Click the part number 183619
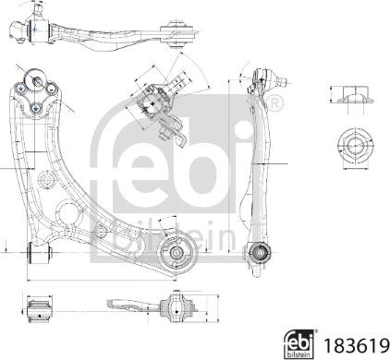(x=356, y=345)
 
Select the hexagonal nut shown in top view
(x=356, y=145)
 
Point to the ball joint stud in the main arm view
(x=36, y=81)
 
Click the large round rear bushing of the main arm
(x=177, y=253)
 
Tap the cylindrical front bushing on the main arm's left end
(x=40, y=253)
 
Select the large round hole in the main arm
(x=67, y=211)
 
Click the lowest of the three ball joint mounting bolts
(x=36, y=108)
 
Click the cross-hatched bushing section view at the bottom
(x=177, y=308)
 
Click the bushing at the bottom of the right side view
(x=258, y=253)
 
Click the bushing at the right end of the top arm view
(x=178, y=33)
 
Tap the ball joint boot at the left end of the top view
(x=19, y=30)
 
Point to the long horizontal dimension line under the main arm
(x=102, y=281)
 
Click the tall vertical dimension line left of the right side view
(x=229, y=166)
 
